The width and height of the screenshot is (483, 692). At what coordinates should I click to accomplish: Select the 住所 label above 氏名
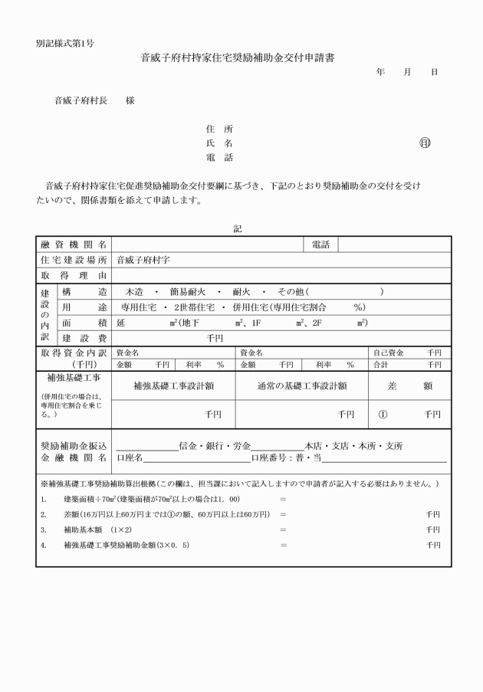tap(219, 129)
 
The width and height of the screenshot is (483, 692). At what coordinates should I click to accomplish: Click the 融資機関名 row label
tap(74, 244)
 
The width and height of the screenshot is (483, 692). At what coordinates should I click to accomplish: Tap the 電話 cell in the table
tap(320, 244)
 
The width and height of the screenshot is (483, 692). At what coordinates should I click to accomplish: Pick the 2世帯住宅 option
tap(196, 307)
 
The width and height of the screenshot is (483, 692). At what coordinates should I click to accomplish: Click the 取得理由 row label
tap(74, 275)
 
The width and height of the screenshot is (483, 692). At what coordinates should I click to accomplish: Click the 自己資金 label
tap(386, 353)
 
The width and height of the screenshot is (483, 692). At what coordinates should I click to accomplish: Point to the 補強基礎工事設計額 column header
tap(173, 386)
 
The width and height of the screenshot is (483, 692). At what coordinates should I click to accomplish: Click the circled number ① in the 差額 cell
tap(383, 414)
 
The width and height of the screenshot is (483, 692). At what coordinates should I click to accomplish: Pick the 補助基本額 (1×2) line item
tap(98, 530)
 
